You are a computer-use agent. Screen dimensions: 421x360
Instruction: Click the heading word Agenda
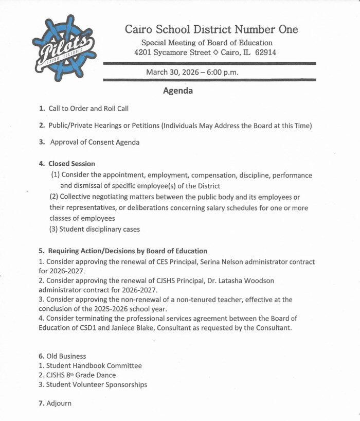click(177, 91)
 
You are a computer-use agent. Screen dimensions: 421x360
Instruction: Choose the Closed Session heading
click(71, 164)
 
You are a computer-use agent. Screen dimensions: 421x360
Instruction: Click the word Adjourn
click(58, 403)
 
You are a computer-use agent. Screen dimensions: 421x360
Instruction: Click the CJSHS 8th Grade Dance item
click(81, 375)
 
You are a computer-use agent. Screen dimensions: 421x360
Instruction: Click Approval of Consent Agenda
click(95, 142)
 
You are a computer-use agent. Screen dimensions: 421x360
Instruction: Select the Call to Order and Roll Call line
click(88, 109)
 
